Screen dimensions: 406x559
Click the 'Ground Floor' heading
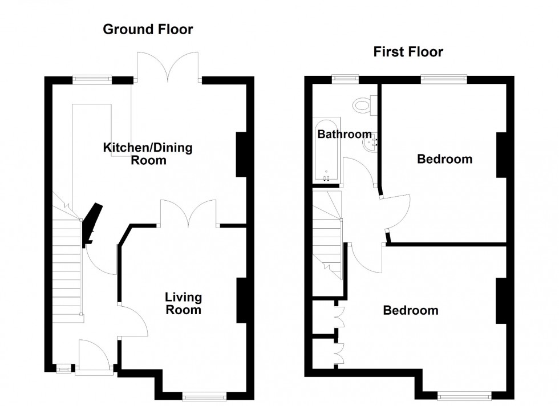tap(148, 30)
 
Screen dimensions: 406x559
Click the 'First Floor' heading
tap(408, 52)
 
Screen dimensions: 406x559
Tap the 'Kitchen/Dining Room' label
tap(148, 154)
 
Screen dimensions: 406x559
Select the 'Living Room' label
tap(183, 303)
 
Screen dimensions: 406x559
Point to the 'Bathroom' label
tap(345, 135)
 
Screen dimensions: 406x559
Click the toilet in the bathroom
tap(362, 104)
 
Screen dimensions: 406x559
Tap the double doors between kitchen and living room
tap(188, 214)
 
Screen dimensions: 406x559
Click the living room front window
tap(204, 394)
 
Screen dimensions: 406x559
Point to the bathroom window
tap(346, 79)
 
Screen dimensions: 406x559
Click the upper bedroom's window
tap(444, 79)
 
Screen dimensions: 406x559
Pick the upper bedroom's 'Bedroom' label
tap(444, 159)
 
